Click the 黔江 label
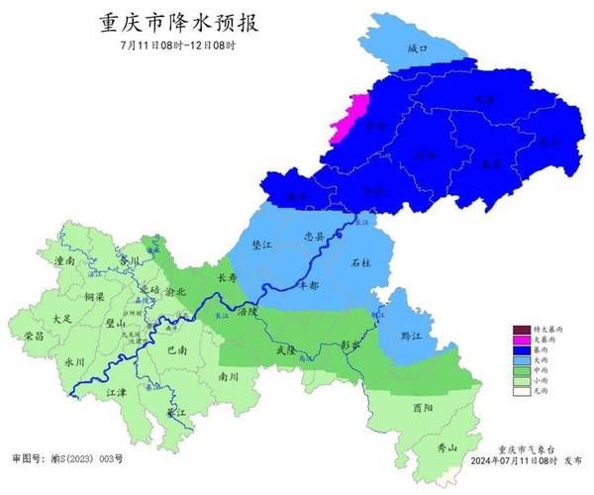coord(408,336)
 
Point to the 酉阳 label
coord(423,406)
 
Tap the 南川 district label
coord(228,377)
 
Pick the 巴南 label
coord(177,349)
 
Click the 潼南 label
coord(67,260)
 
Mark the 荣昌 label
coord(33,337)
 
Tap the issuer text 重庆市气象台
coord(528,448)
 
